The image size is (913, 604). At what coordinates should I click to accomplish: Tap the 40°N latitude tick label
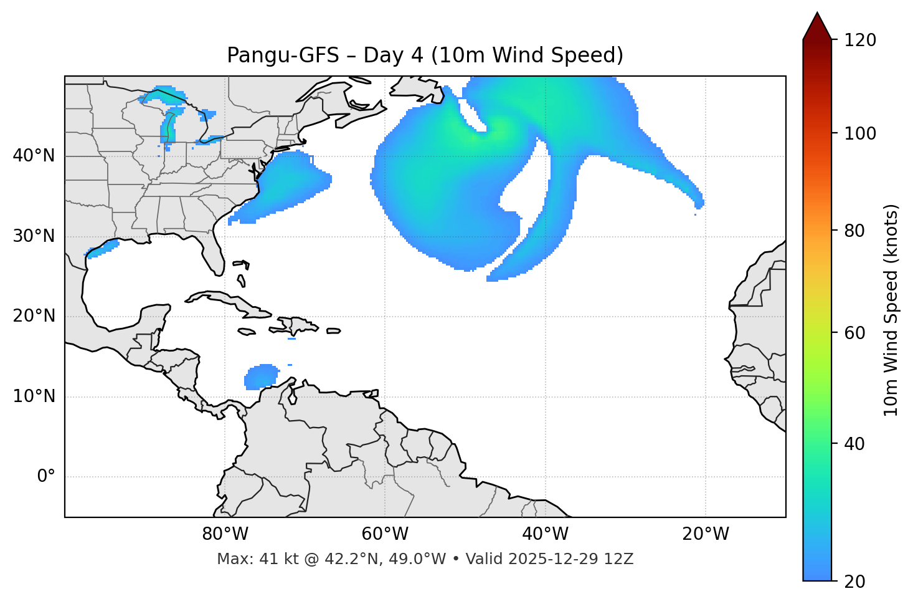[34, 156]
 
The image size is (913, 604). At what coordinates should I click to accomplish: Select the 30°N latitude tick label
[34, 236]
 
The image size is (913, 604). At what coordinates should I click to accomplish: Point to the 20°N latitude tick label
[34, 316]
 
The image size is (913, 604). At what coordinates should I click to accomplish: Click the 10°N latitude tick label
[34, 396]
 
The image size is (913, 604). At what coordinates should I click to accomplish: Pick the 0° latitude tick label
[46, 477]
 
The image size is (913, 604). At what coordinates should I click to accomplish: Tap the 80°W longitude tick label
[225, 534]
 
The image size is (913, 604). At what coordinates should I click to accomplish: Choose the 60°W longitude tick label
[386, 534]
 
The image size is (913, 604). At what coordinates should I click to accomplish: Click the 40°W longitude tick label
[546, 534]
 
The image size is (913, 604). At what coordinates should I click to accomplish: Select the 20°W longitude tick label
[706, 534]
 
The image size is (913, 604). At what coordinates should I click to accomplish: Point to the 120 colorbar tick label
[860, 41]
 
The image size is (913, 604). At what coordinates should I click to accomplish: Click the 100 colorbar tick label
[860, 133]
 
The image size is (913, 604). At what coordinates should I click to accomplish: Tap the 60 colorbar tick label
[856, 333]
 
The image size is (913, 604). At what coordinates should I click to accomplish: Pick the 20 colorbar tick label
[856, 582]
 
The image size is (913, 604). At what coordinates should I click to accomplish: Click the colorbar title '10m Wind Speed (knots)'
[891, 310]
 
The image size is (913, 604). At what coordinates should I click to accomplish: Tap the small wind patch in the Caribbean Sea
[262, 376]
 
